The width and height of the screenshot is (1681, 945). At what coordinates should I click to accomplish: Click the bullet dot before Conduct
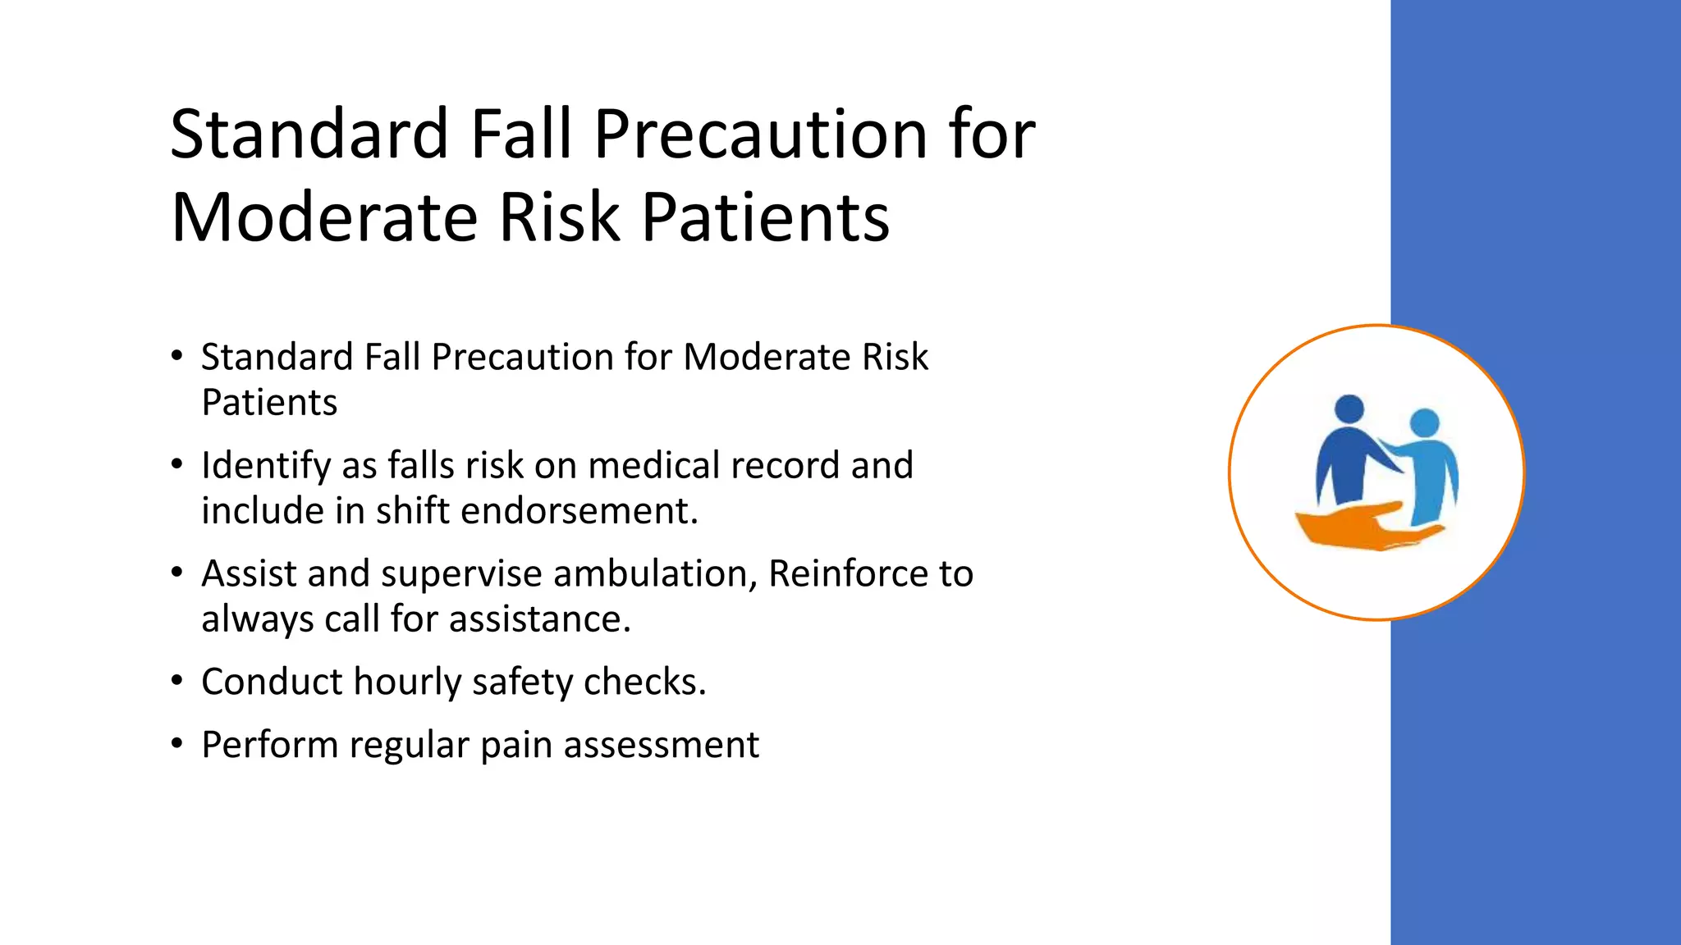tap(176, 681)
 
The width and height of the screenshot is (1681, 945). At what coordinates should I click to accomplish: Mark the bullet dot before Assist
tap(176, 573)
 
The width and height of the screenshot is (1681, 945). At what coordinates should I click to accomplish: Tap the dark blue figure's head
tap(1349, 409)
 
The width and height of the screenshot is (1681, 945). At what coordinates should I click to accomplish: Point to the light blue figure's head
tap(1424, 423)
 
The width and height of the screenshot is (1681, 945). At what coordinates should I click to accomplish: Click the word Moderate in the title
tap(324, 217)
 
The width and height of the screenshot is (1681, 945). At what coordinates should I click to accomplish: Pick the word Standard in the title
tap(309, 134)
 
